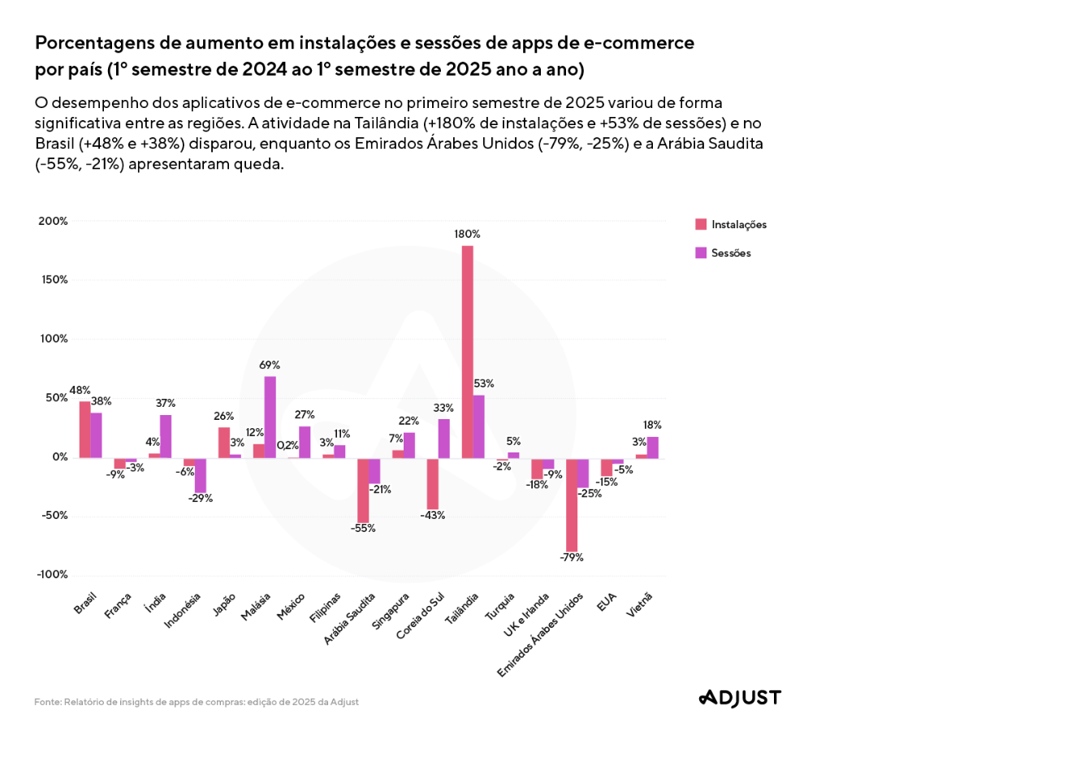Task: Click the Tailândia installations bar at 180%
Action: point(468,352)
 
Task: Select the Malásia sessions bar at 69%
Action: point(270,417)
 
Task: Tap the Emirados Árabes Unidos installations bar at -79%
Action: point(572,504)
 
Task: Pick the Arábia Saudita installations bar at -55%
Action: point(363,490)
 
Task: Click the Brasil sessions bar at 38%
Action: point(97,435)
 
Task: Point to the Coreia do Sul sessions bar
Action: point(444,439)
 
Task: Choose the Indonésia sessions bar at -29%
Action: point(201,475)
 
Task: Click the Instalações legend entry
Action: point(731,225)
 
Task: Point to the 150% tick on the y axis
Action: point(53,280)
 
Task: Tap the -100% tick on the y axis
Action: point(52,575)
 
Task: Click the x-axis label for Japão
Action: point(224,604)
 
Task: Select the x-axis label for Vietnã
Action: point(639,605)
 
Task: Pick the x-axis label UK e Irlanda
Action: point(526,615)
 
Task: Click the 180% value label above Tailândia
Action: point(467,234)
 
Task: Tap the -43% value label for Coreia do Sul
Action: point(432,516)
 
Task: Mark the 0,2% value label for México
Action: point(287,445)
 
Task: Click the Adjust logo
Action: point(740,698)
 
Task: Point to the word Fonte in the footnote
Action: point(47,702)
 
